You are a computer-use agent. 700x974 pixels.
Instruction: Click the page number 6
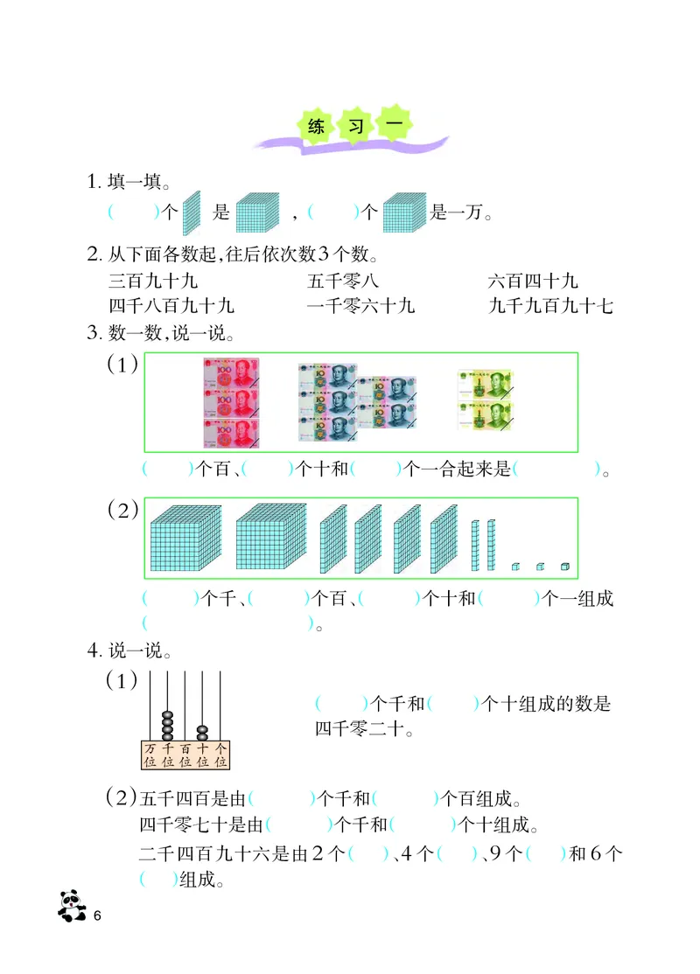98,915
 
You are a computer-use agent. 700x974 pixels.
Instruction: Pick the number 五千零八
343,282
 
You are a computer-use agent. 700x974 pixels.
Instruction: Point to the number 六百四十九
533,282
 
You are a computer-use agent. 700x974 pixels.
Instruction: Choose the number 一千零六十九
361,306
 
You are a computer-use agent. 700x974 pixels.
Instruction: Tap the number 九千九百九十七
551,306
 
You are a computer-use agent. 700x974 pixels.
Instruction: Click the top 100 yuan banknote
232,373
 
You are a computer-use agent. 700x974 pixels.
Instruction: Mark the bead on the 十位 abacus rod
202,730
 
